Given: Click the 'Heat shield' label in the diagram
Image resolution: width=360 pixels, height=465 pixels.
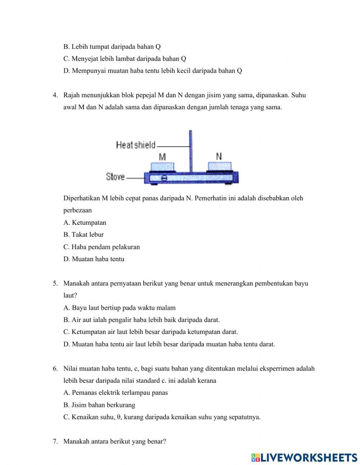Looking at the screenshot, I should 136,145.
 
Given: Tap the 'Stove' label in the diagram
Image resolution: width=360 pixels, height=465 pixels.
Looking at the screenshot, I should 115,177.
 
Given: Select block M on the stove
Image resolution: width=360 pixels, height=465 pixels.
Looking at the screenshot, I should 163,167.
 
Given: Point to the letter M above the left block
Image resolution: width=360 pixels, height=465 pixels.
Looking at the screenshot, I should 162,157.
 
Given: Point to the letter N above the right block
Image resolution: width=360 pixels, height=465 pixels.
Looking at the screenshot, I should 219,156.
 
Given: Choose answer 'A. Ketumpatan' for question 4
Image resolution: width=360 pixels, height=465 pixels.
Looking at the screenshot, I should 85,223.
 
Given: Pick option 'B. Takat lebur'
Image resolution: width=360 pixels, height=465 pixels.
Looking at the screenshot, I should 84,234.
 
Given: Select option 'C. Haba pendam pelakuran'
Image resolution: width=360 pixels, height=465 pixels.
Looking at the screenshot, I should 102,247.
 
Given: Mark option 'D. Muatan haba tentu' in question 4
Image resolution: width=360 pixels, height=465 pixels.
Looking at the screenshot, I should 94,259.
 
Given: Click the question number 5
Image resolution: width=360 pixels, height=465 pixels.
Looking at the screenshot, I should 55,283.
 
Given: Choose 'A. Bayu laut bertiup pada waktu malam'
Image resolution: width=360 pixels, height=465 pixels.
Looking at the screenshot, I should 119,308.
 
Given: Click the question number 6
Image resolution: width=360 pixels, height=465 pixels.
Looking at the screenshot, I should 55,368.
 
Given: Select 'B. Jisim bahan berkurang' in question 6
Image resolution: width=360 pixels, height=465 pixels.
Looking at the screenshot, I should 99,405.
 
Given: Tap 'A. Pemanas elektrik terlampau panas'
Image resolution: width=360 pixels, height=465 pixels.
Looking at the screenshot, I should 115,393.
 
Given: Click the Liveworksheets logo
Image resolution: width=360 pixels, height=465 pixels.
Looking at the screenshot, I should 304,457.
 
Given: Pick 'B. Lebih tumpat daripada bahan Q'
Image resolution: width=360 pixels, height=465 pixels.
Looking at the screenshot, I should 112,46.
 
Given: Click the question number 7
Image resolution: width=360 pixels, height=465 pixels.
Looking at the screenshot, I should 55,441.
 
